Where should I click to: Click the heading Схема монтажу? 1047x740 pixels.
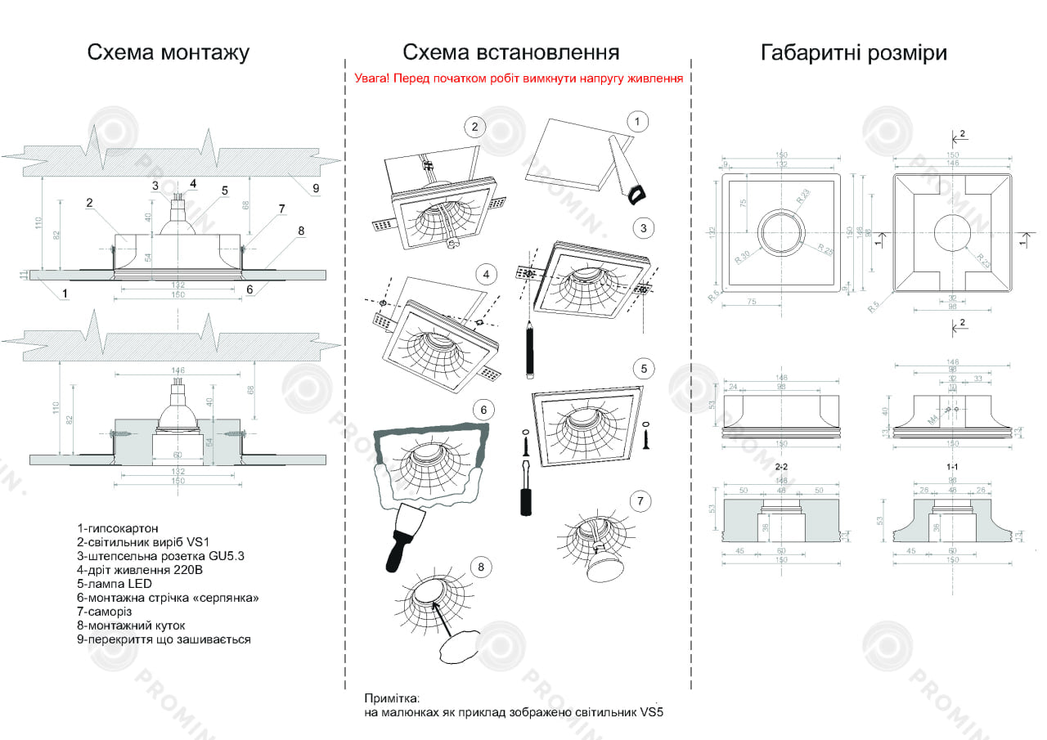(169, 53)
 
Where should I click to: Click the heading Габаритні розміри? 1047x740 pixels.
(853, 53)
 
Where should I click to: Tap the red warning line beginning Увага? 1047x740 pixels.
(519, 79)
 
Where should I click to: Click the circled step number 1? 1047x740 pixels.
(637, 122)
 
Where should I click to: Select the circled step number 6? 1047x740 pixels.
(483, 410)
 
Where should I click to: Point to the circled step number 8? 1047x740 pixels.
(481, 566)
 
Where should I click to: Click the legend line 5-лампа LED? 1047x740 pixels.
(115, 584)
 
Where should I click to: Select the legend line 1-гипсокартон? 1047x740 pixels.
(118, 528)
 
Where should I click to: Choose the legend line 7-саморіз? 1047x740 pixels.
(105, 612)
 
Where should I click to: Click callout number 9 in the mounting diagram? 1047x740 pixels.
(316, 188)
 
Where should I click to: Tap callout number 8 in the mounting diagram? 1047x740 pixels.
(300, 231)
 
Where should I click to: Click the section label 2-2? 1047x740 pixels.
(781, 466)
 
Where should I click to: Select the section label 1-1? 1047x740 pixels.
(951, 466)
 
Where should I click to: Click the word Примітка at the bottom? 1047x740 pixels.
(391, 699)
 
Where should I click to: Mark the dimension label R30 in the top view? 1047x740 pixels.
(743, 256)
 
